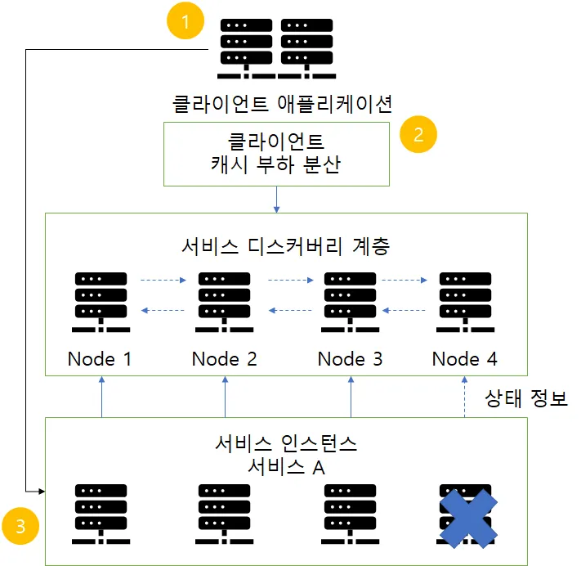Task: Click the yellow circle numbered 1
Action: (x=185, y=20)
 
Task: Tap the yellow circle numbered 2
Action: (x=418, y=134)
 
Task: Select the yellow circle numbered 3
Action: (x=20, y=526)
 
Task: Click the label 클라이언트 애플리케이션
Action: (x=283, y=104)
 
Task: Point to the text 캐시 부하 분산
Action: (x=275, y=164)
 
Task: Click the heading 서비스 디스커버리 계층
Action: (x=286, y=246)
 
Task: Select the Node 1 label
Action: (x=100, y=359)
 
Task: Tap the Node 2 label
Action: (x=225, y=359)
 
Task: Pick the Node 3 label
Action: (x=351, y=359)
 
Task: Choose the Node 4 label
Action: (x=465, y=359)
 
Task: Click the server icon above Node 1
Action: (x=101, y=302)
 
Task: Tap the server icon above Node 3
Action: (x=351, y=302)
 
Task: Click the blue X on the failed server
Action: (x=468, y=519)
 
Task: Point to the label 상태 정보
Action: (x=526, y=398)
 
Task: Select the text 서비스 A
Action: (x=287, y=467)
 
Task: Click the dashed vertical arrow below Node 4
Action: (x=465, y=397)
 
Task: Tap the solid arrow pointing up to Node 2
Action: (x=225, y=397)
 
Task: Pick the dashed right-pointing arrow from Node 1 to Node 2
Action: (x=163, y=280)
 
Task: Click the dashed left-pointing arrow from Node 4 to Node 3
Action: (x=404, y=310)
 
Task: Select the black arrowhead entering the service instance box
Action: (x=42, y=492)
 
